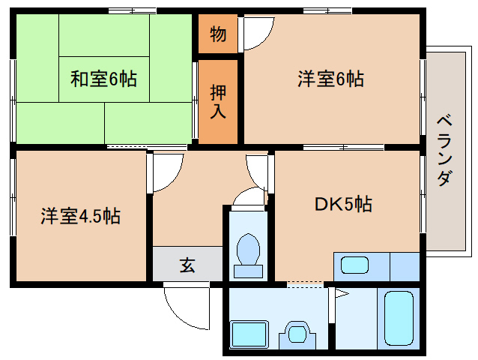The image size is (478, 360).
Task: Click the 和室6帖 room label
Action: (x=103, y=78)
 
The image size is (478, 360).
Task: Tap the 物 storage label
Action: (x=217, y=34)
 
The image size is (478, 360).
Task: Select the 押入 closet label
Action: (x=217, y=101)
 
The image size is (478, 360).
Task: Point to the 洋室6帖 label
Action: (x=330, y=78)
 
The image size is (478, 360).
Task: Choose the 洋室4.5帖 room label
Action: (x=80, y=217)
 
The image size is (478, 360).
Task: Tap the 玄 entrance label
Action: (x=187, y=265)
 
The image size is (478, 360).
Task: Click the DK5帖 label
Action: (x=343, y=203)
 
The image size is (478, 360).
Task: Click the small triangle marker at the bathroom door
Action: (x=339, y=294)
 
